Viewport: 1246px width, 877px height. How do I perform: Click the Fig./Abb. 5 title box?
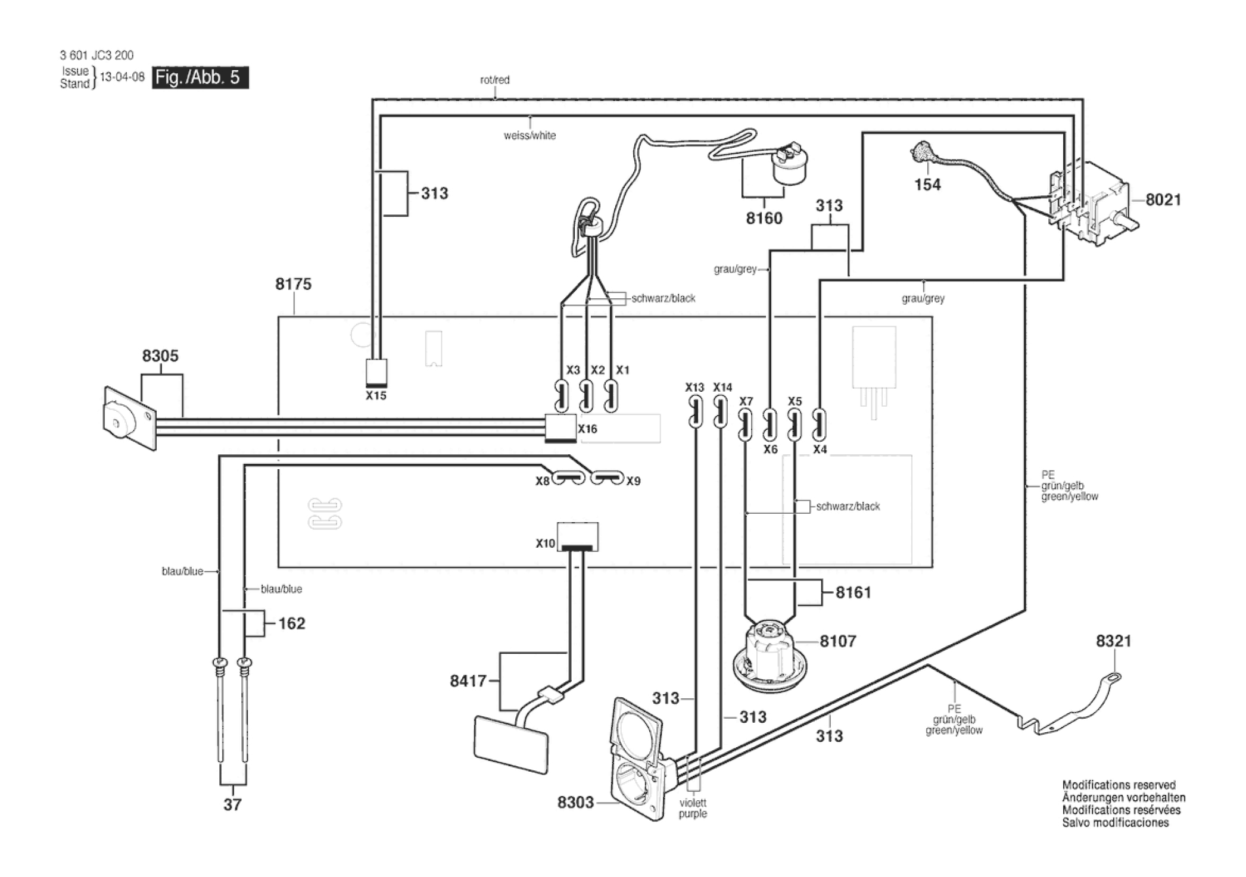(x=200, y=77)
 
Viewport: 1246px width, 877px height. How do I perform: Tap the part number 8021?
(x=1163, y=199)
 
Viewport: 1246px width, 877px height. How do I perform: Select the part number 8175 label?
(x=293, y=284)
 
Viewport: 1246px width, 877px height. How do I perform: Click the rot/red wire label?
(x=495, y=80)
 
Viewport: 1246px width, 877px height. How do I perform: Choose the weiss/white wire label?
(x=529, y=136)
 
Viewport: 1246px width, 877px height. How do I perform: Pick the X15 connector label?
(x=376, y=395)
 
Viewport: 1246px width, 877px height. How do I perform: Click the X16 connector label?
(x=587, y=429)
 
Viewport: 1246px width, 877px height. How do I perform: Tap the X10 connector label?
(x=545, y=543)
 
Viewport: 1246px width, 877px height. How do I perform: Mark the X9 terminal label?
(x=633, y=481)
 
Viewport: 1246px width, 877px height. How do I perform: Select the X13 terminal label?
(x=694, y=388)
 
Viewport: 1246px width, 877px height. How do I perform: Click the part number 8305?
(x=160, y=356)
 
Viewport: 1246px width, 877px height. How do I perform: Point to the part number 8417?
(x=468, y=681)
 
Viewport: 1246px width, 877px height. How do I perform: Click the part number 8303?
(x=576, y=803)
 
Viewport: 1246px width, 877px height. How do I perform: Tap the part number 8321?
(x=1113, y=641)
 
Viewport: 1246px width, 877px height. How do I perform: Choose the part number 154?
(x=927, y=185)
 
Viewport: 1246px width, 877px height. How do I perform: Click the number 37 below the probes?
(x=232, y=805)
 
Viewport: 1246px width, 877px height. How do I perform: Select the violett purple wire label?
(x=693, y=809)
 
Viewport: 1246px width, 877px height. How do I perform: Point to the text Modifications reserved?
(x=1119, y=785)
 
